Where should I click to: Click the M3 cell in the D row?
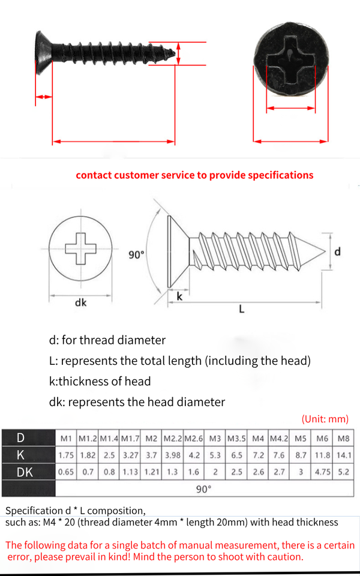coord(215,438)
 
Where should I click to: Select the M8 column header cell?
coord(344,438)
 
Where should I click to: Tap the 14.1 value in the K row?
coord(344,455)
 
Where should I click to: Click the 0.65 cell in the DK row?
coord(66,472)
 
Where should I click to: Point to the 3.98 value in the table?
coord(173,455)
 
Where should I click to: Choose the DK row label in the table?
coord(25,472)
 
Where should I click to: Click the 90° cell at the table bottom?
coord(204,489)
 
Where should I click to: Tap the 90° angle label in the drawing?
coord(136,255)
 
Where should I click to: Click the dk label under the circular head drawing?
coord(80,303)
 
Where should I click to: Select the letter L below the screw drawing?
coord(241,310)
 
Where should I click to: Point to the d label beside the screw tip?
coord(337,251)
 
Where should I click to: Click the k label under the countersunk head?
coord(179,296)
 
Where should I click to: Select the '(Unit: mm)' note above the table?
coord(325,419)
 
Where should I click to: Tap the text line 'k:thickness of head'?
coord(100,381)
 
